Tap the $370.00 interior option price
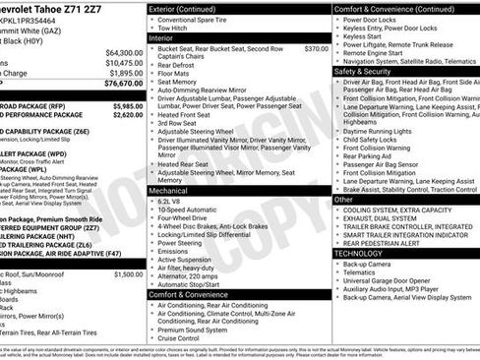[316, 48]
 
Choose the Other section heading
[343, 199]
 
